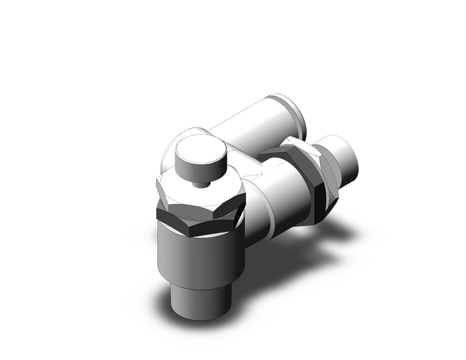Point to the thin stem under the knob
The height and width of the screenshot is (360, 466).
(200, 185)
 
